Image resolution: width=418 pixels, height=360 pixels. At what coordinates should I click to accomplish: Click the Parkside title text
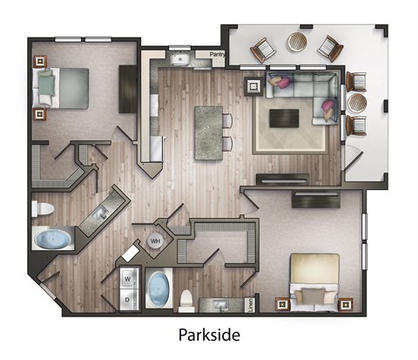208,335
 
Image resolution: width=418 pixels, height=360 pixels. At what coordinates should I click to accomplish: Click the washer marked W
128,279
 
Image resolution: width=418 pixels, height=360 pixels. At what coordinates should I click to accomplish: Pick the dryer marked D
128,299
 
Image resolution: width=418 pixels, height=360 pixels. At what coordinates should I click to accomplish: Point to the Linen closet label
253,303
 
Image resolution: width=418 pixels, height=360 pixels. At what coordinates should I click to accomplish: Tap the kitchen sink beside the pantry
180,59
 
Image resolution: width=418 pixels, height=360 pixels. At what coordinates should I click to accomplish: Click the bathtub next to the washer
158,287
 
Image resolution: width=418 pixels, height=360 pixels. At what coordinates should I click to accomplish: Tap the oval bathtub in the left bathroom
53,238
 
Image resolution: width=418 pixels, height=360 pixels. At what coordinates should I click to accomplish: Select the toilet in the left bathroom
41,209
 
